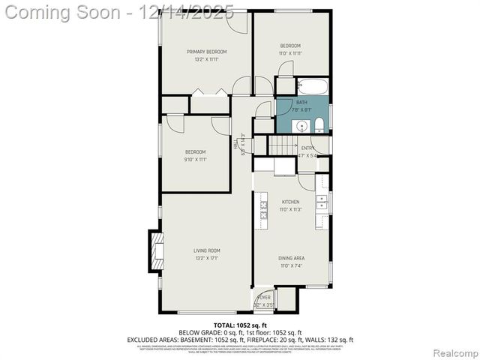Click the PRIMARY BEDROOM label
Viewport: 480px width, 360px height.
coord(207,52)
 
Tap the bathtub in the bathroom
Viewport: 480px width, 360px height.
coord(311,85)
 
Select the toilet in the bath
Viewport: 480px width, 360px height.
coord(319,124)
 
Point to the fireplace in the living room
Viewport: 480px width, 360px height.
coord(156,249)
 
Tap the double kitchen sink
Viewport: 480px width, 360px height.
coord(322,203)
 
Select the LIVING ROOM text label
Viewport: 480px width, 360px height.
coord(207,250)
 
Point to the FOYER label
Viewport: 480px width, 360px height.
coord(264,298)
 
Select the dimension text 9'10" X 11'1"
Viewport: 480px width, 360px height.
coord(196,159)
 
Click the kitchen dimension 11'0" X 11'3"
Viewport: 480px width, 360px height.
coord(290,209)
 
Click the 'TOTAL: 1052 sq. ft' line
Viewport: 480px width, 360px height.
coord(239,325)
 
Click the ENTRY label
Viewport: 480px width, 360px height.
coord(307,148)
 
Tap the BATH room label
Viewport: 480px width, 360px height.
coord(301,102)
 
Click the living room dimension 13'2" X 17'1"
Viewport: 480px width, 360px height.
coord(207,258)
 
